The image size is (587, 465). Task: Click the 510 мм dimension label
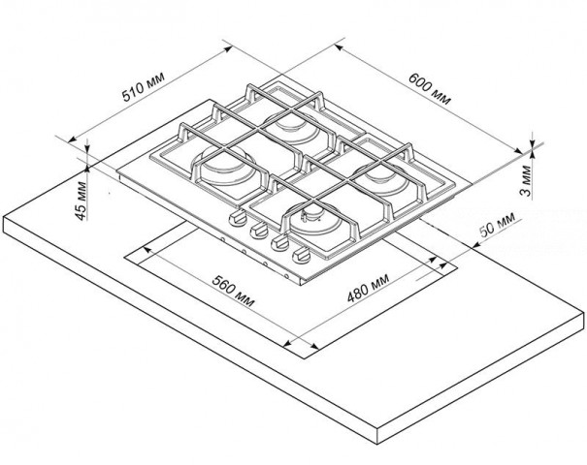(144, 87)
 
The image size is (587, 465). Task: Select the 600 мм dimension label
(430, 89)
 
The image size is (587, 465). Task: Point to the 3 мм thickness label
(526, 180)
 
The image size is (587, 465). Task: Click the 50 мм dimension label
(498, 225)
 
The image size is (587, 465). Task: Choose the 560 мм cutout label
(233, 291)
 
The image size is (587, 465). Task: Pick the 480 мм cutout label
(369, 288)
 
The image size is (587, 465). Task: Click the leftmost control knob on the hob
(238, 218)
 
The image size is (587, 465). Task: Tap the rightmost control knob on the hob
(302, 256)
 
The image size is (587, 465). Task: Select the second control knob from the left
(259, 231)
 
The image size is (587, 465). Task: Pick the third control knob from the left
(280, 243)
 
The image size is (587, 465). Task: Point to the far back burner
(292, 128)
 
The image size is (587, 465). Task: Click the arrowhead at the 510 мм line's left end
(72, 139)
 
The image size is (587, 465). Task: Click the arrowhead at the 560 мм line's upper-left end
(147, 249)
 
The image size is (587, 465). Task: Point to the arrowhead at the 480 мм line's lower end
(288, 343)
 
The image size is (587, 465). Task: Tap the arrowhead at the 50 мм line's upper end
(475, 245)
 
